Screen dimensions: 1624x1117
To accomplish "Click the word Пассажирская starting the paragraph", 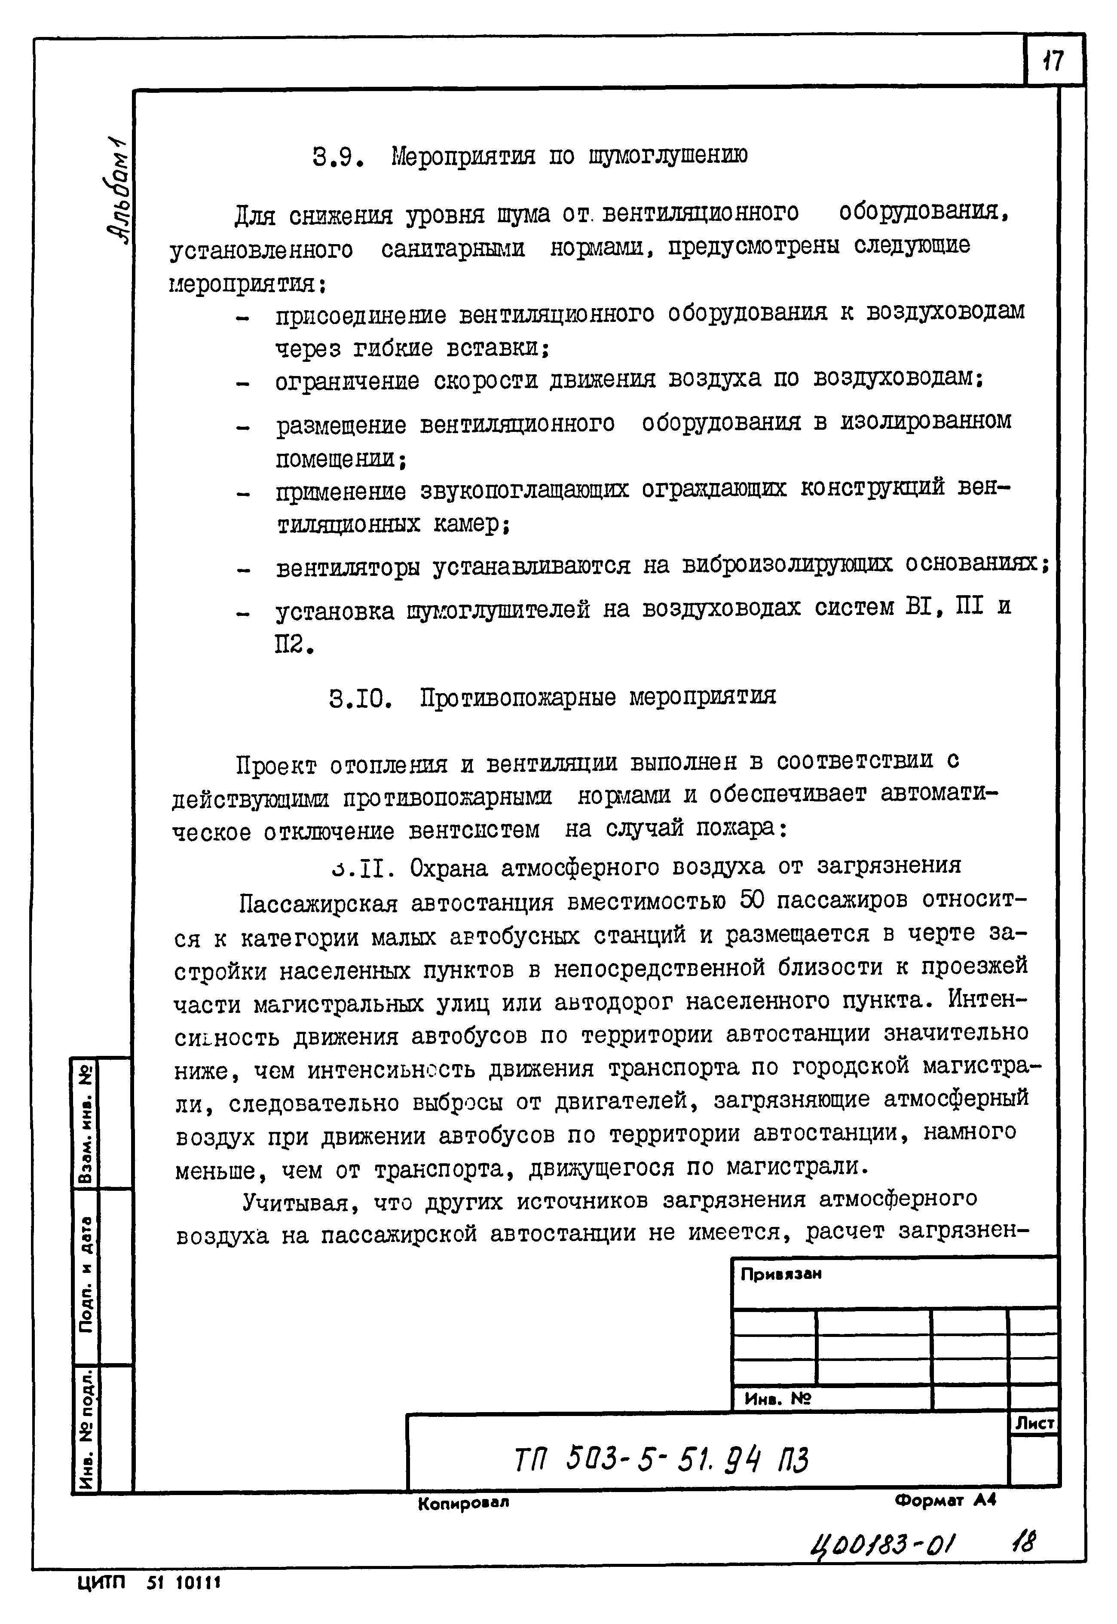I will (318, 904).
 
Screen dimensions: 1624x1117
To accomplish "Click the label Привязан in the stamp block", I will (781, 1274).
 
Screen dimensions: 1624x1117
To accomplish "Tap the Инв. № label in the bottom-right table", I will (777, 1399).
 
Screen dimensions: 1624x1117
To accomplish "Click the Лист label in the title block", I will (1034, 1423).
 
